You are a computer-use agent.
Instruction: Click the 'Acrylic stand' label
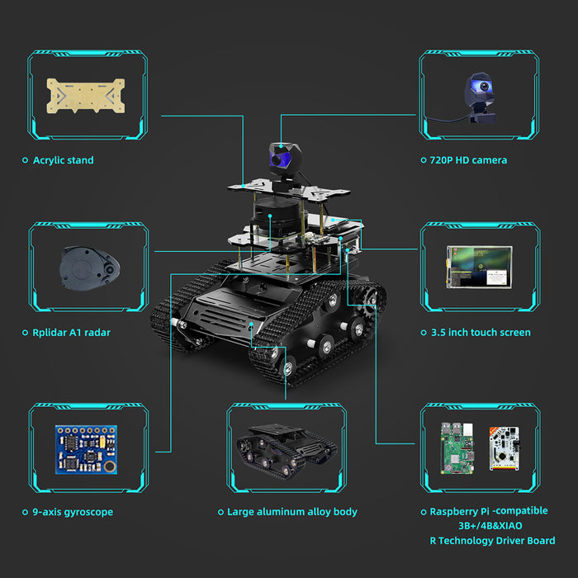[x=64, y=160]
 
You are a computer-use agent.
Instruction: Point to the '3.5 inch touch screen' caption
[x=481, y=333]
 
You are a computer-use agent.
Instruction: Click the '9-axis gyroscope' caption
[x=73, y=512]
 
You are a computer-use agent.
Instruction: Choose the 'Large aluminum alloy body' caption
[x=292, y=512]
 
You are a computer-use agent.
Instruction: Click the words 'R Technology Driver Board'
[x=492, y=541]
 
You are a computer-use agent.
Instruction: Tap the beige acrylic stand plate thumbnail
[x=86, y=95]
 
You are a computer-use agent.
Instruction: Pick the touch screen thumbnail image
[x=480, y=268]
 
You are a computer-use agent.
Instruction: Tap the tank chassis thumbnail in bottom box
[x=286, y=448]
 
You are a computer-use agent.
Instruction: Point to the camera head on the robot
[x=281, y=159]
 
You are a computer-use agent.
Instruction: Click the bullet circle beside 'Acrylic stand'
[x=25, y=160]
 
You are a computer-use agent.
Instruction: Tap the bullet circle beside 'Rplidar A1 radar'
[x=25, y=333]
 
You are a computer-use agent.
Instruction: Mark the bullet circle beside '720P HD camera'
[x=422, y=160]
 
